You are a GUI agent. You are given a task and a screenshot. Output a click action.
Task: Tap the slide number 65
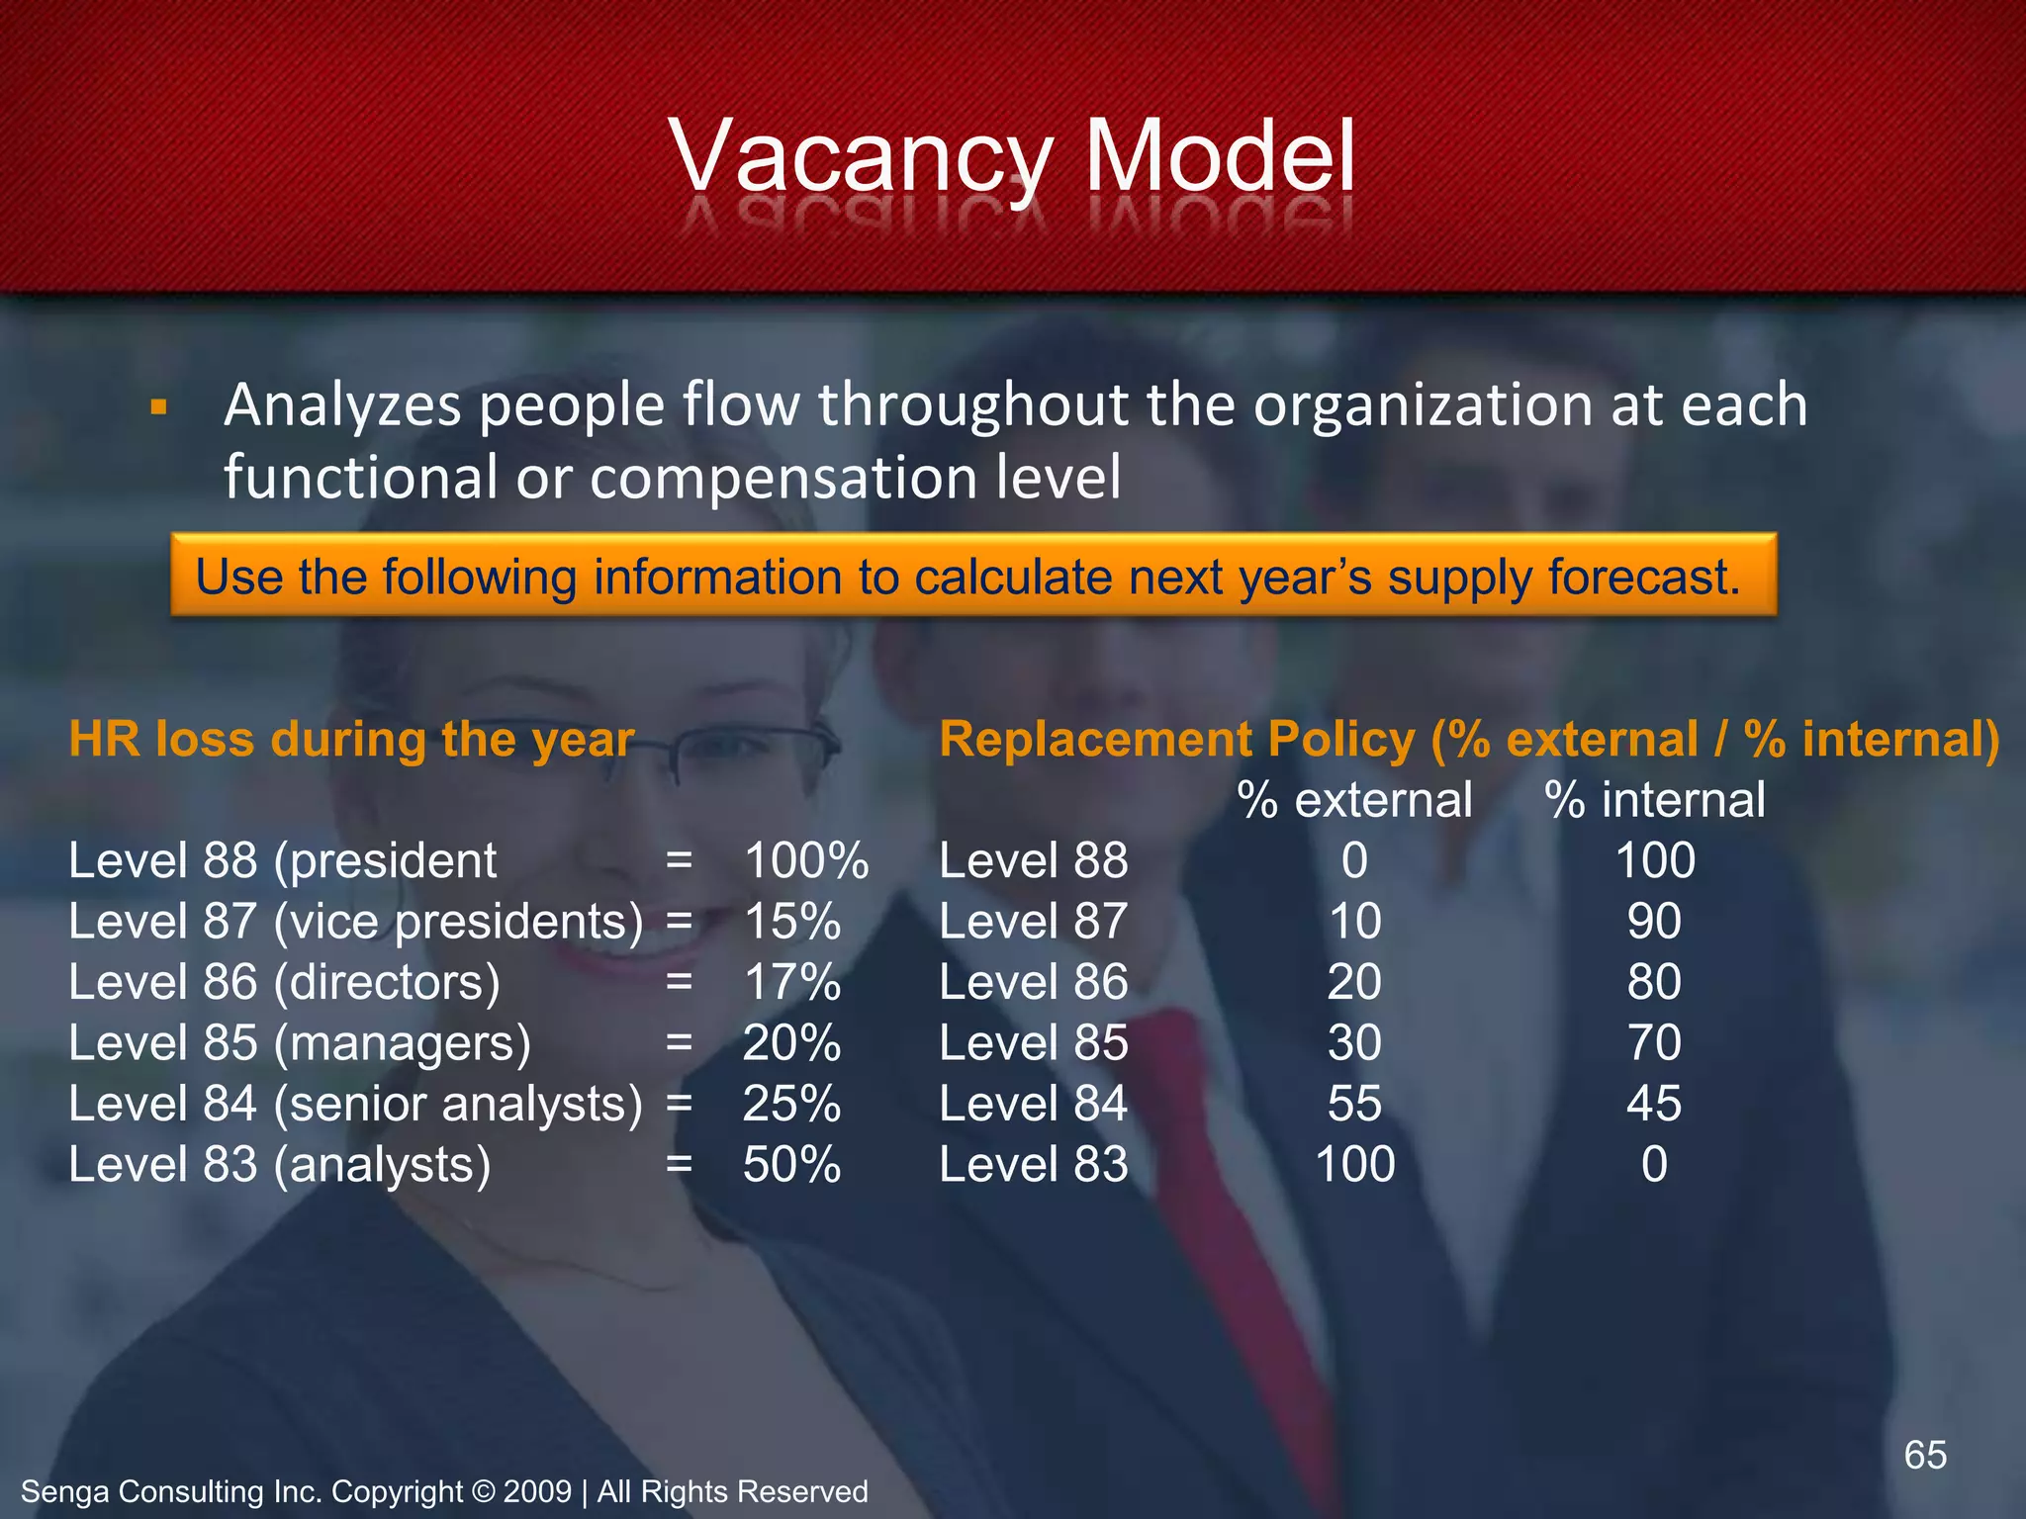click(x=1925, y=1455)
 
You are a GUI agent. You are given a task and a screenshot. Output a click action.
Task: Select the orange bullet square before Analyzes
click(x=158, y=407)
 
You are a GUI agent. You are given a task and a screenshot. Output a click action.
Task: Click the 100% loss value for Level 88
click(x=805, y=860)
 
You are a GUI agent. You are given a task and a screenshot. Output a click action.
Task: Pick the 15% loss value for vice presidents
click(x=791, y=922)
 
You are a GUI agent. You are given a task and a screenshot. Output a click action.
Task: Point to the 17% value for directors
click(x=791, y=982)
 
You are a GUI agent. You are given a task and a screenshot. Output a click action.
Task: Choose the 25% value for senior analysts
click(x=791, y=1104)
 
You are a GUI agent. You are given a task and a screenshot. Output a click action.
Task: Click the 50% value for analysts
click(x=791, y=1165)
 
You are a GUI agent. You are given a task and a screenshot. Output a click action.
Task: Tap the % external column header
click(x=1354, y=800)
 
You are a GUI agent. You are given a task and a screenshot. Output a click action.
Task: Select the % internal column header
click(x=1655, y=800)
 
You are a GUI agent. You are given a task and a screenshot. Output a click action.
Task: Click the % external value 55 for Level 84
click(x=1354, y=1104)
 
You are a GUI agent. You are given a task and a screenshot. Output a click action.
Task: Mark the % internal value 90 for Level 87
click(x=1654, y=922)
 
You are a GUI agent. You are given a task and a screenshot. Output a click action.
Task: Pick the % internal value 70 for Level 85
click(x=1654, y=1043)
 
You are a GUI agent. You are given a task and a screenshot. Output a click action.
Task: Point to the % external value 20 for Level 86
click(x=1354, y=982)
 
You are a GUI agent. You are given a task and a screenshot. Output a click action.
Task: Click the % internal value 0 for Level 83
click(x=1654, y=1165)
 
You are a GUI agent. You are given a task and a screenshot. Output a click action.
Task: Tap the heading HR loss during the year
click(x=351, y=740)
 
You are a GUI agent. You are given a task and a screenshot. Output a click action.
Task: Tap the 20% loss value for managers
click(x=791, y=1043)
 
